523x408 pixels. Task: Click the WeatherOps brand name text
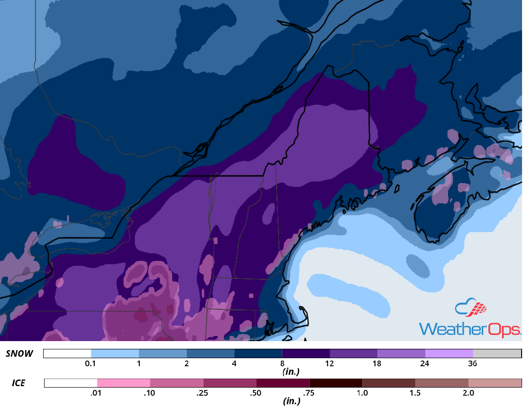pyautogui.click(x=470, y=329)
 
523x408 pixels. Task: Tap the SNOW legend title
pyautogui.click(x=19, y=354)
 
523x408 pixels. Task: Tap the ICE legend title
pyautogui.click(x=19, y=382)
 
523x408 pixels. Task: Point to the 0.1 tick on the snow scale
pyautogui.click(x=91, y=364)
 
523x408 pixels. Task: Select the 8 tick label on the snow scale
pyautogui.click(x=282, y=364)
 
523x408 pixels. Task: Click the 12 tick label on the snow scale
pyautogui.click(x=330, y=364)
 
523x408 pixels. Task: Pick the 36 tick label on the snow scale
pyautogui.click(x=473, y=364)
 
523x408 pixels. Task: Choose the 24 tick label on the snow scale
pyautogui.click(x=425, y=364)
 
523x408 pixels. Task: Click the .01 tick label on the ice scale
pyautogui.click(x=97, y=393)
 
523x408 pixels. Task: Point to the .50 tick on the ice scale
pyautogui.click(x=257, y=393)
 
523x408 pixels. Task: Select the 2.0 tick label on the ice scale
pyautogui.click(x=468, y=393)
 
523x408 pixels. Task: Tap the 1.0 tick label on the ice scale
pyautogui.click(x=362, y=393)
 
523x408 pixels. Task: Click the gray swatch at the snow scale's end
pyautogui.click(x=497, y=354)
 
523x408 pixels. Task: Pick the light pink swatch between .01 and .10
pyautogui.click(x=123, y=383)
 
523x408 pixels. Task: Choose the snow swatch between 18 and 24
pyautogui.click(x=401, y=354)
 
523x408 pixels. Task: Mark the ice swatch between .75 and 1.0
pyautogui.click(x=336, y=383)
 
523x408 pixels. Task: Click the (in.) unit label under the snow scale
pyautogui.click(x=291, y=372)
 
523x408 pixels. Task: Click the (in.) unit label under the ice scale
pyautogui.click(x=291, y=401)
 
